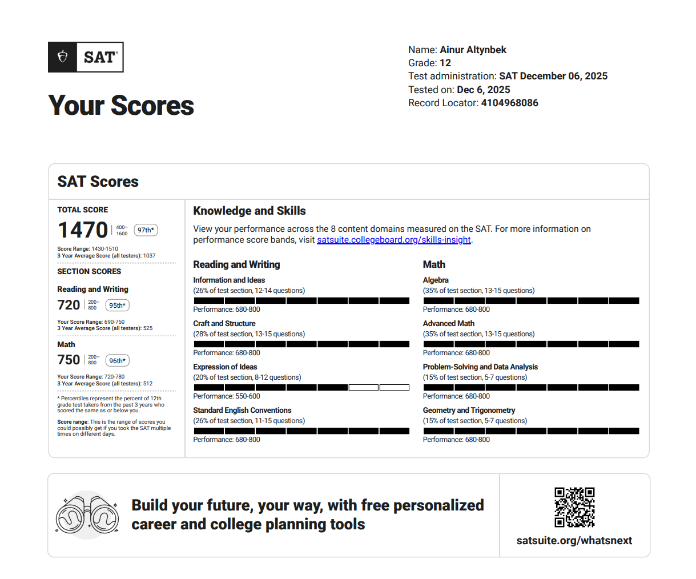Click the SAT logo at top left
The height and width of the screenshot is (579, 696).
tap(86, 57)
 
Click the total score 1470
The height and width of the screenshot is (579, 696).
tap(83, 230)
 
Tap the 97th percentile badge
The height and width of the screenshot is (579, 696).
tap(146, 230)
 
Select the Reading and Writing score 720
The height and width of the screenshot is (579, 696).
tap(69, 305)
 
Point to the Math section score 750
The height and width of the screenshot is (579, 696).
tap(69, 360)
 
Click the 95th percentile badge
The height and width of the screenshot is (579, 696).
tap(117, 305)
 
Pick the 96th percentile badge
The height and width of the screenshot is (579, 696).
tap(117, 361)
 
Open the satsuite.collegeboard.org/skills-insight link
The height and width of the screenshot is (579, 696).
tap(394, 240)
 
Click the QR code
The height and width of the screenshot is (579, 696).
tap(574, 507)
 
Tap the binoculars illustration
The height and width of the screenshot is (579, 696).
tap(87, 515)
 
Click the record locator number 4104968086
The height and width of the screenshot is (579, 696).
tap(509, 103)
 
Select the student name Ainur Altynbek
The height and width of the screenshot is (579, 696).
tap(473, 50)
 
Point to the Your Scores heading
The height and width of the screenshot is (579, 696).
tap(121, 106)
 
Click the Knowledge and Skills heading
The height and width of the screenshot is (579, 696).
tap(250, 211)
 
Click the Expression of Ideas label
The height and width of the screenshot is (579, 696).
tap(225, 367)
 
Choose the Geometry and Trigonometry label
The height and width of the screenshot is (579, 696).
tap(469, 410)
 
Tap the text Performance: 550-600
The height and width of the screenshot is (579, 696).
tap(227, 396)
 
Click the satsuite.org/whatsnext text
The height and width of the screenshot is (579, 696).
tap(574, 541)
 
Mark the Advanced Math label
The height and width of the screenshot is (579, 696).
tap(448, 323)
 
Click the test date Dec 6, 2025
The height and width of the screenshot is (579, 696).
tap(483, 90)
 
